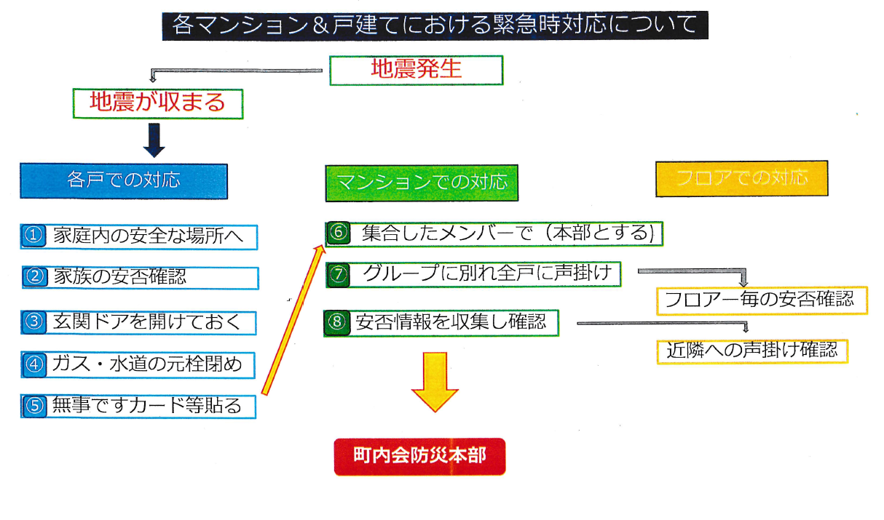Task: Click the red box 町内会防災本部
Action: point(419,457)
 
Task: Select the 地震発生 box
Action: point(417,70)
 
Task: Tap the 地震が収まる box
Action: point(158,104)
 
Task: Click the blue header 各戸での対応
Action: point(124,181)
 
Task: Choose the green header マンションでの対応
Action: point(422,183)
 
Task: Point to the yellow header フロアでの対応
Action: point(741,179)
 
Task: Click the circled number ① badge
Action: point(33,236)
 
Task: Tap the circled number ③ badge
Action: point(34,322)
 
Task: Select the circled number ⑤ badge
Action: point(34,406)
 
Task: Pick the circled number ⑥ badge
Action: point(339,233)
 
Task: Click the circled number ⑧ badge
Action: point(337,322)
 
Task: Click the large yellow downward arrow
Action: point(435,382)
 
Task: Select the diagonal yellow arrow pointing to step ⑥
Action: point(293,320)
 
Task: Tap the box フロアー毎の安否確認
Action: point(762,301)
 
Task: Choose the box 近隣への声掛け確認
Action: point(752,351)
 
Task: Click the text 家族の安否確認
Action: point(120,277)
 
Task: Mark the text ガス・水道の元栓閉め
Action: point(147,364)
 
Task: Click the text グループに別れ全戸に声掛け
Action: point(487,273)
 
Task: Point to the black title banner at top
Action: point(435,25)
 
